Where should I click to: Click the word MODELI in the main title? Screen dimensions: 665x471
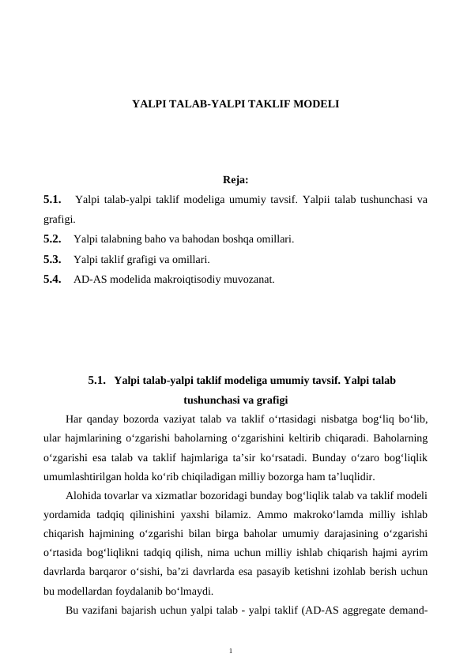click(x=318, y=103)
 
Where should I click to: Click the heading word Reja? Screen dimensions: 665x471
click(x=236, y=180)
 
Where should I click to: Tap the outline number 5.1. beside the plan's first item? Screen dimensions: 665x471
click(x=53, y=199)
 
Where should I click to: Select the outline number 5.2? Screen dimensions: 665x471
click(x=53, y=238)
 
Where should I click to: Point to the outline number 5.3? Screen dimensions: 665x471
click(x=53, y=258)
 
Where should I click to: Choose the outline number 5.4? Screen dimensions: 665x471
click(x=53, y=278)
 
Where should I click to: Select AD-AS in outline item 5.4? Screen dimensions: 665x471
click(x=88, y=278)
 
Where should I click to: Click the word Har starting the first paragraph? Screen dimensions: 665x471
click(x=76, y=419)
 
